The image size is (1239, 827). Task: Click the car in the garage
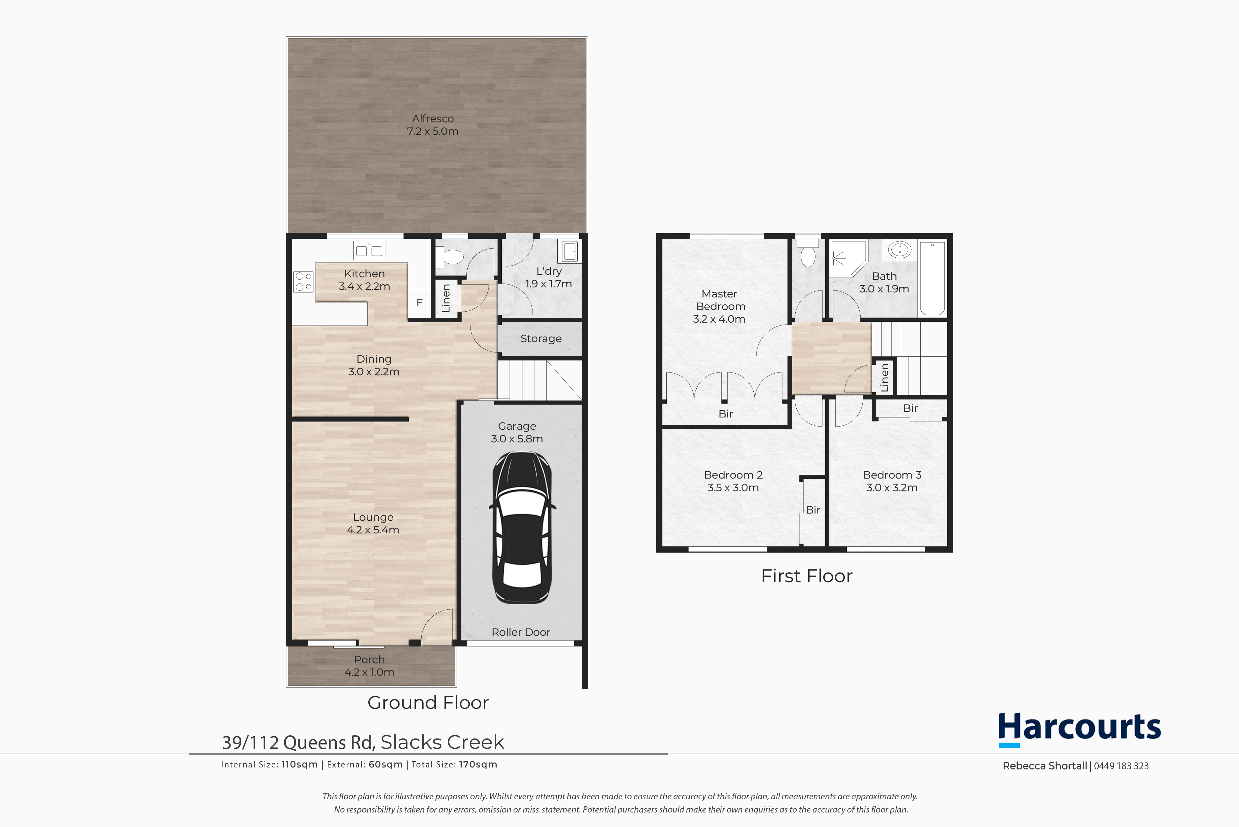click(522, 527)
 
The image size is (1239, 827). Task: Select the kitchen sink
click(369, 250)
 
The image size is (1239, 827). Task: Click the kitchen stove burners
click(303, 282)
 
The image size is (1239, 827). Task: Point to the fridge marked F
click(419, 303)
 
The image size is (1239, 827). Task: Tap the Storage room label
click(541, 339)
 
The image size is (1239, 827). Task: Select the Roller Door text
click(521, 632)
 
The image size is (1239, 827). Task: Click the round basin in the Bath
click(899, 249)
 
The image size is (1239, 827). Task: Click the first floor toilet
click(808, 252)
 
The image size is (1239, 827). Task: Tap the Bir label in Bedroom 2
click(813, 510)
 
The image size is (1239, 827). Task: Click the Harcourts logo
click(1079, 729)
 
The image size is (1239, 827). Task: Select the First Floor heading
click(806, 576)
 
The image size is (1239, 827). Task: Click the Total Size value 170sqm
click(478, 765)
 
